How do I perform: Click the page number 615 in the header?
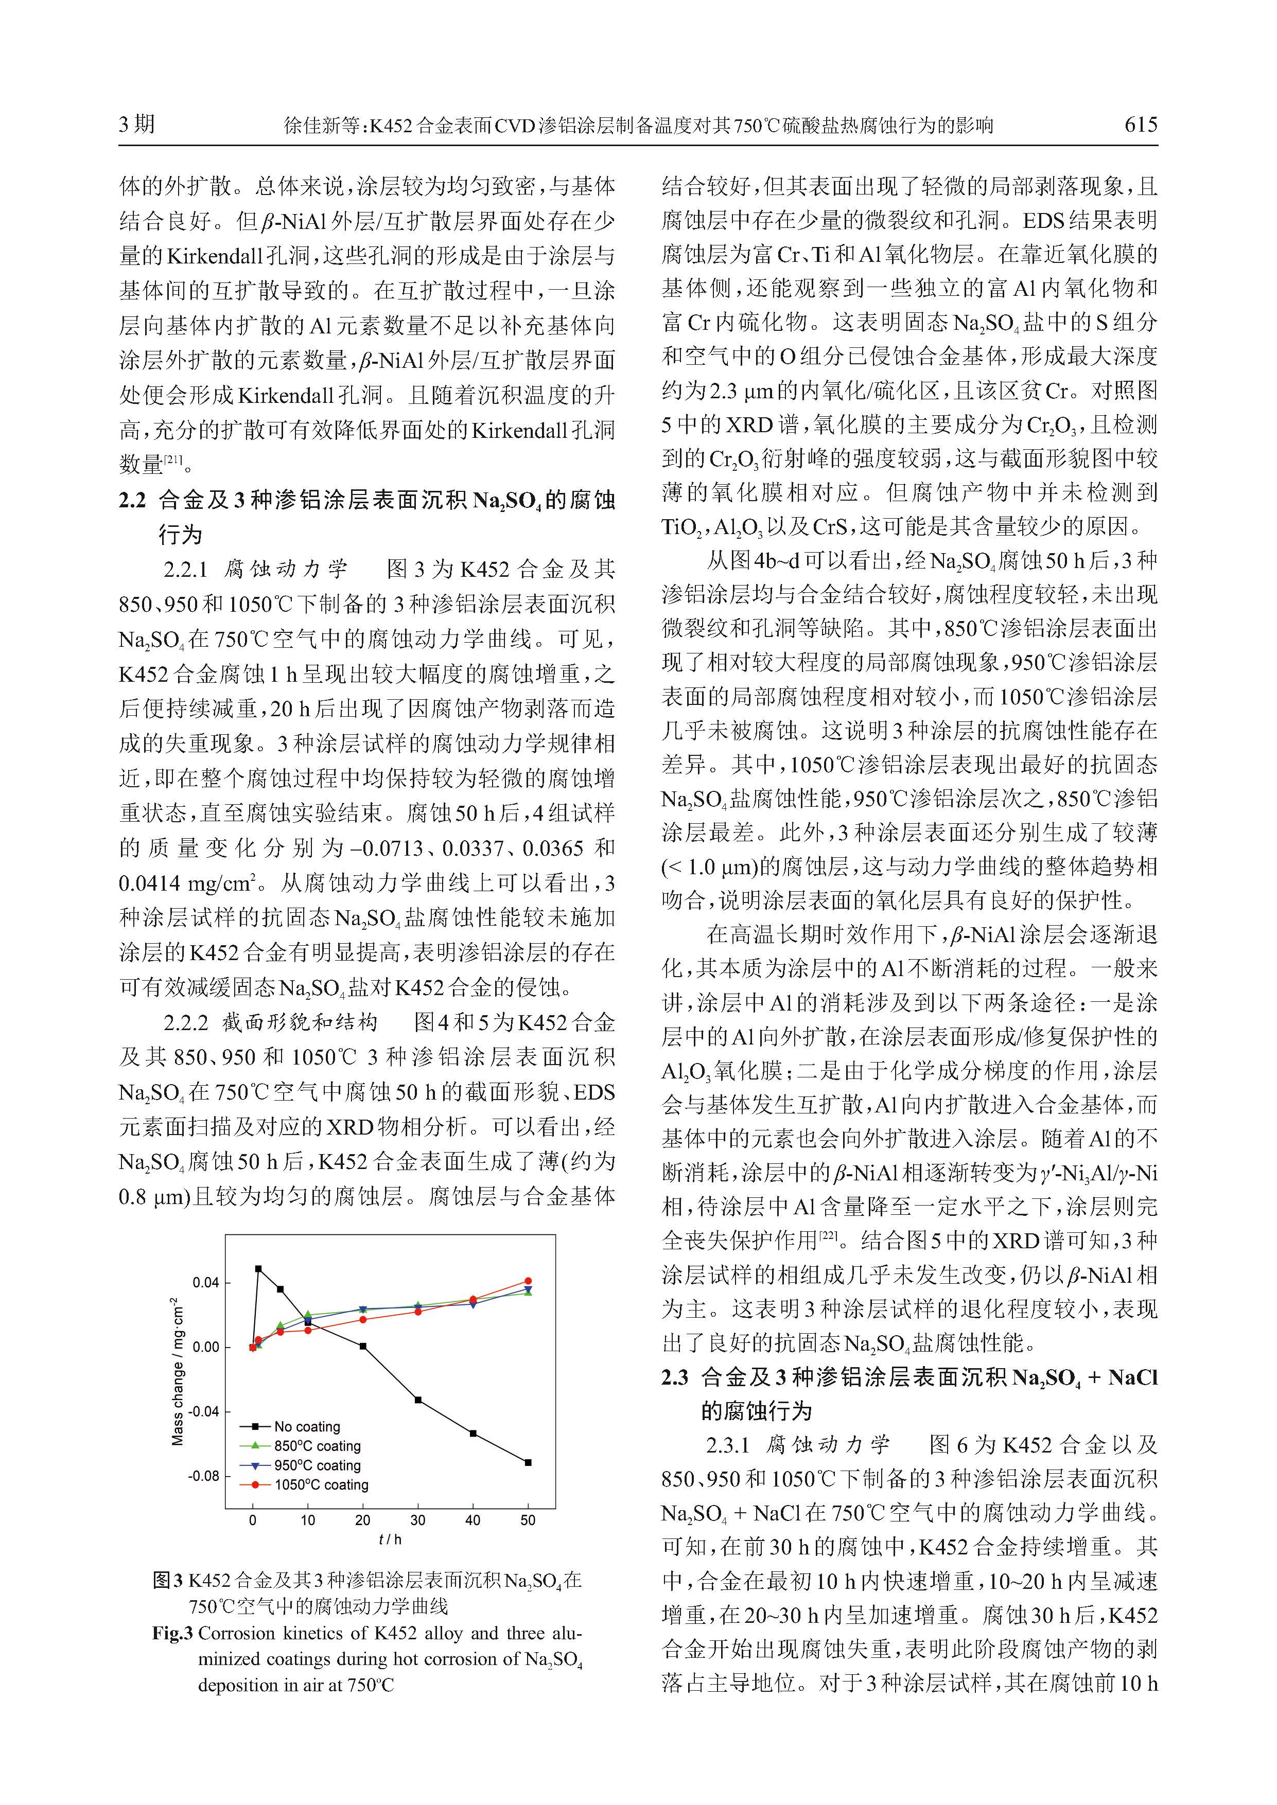pyautogui.click(x=1140, y=124)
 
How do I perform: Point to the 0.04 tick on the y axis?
pyautogui.click(x=206, y=1283)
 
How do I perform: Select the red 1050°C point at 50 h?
pyautogui.click(x=528, y=1281)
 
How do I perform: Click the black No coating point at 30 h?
pyautogui.click(x=417, y=1400)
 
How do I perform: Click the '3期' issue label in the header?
pyautogui.click(x=137, y=124)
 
